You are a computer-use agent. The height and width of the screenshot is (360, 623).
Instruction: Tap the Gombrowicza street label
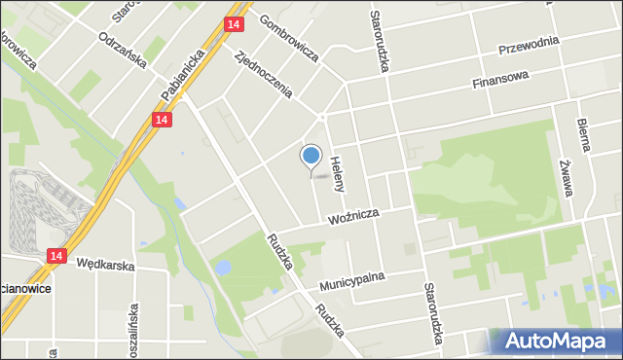[x=289, y=40]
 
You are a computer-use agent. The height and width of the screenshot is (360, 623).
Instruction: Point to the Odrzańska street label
[x=123, y=51]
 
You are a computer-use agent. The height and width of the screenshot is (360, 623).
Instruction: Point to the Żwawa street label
[x=566, y=180]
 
